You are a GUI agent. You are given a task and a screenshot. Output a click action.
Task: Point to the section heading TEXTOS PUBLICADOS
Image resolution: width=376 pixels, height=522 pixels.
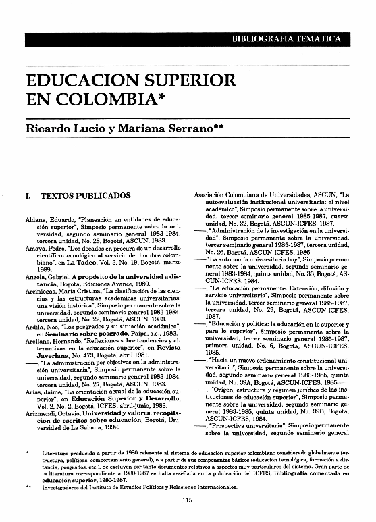click(86, 196)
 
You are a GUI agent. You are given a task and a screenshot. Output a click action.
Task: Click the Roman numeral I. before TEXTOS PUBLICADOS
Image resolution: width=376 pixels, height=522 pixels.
click(28, 196)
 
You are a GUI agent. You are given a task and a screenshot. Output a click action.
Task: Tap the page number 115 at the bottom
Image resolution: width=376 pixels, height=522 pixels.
click(188, 500)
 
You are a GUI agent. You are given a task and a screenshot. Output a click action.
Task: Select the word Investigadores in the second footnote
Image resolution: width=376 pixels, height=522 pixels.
click(63, 485)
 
